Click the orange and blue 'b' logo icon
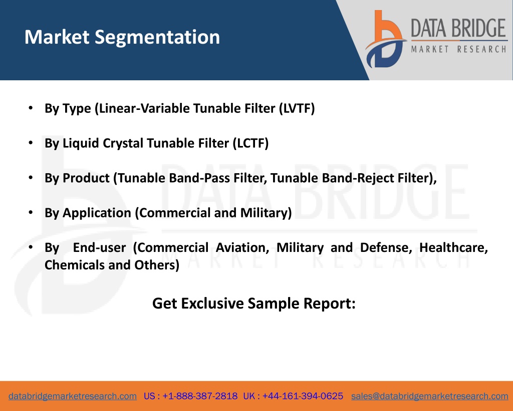pos(386,39)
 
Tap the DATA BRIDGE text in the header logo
pos(458,28)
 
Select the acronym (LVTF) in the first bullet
pos(297,108)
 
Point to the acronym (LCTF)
pos(250,143)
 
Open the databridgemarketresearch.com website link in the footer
pos(73,396)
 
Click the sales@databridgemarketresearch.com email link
pos(429,396)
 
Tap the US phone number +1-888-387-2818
pos(200,396)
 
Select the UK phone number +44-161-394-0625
pos(303,396)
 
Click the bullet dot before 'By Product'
pos(31,177)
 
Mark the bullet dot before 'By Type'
pos(31,108)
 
